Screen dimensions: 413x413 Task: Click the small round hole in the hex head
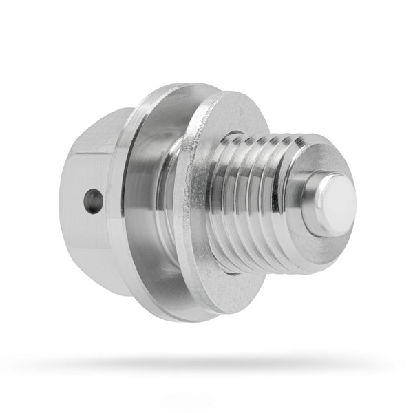pos(93,201)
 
